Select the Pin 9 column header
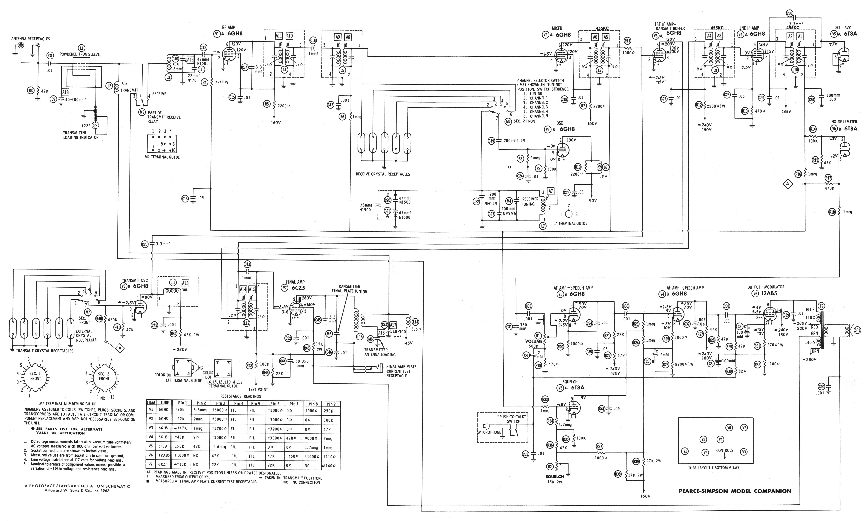tap(331, 404)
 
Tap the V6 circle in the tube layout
tap(729, 428)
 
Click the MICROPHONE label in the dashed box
tap(490, 432)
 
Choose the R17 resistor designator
tap(828, 178)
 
